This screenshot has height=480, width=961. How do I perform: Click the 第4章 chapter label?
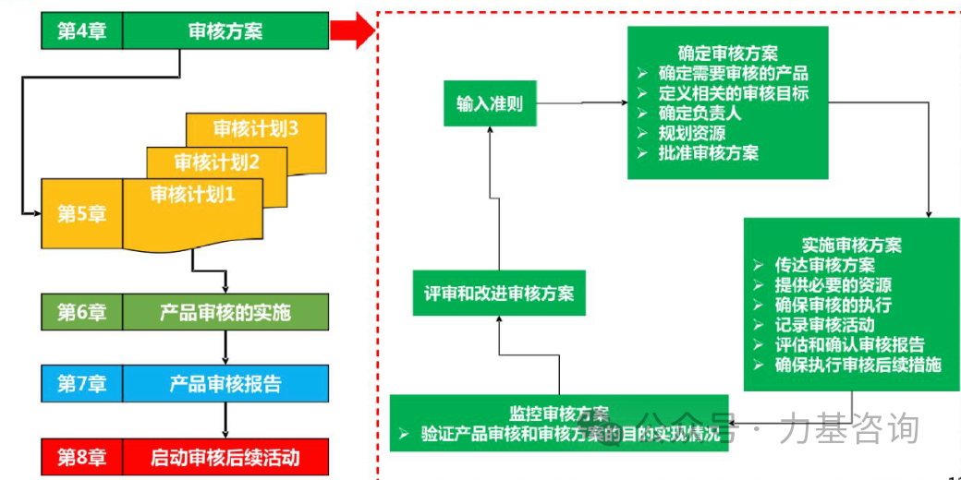[81, 31]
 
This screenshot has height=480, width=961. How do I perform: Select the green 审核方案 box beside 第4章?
[225, 31]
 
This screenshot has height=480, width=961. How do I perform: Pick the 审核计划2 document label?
[217, 163]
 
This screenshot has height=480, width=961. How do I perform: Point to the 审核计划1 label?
[193, 195]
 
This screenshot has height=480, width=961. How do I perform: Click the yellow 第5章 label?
[81, 214]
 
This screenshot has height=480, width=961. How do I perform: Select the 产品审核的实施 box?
[225, 312]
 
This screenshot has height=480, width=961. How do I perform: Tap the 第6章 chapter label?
[81, 312]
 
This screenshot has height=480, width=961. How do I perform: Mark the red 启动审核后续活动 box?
[225, 456]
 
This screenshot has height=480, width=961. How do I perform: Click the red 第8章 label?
[81, 456]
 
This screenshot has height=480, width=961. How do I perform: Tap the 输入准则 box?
[490, 103]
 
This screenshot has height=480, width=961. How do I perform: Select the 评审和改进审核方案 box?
[499, 294]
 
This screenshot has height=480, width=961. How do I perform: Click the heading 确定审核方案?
[727, 53]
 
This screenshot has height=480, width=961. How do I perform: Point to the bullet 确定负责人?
[699, 114]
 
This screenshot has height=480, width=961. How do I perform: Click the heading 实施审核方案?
[852, 245]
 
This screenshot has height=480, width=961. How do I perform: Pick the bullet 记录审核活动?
[825, 324]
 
